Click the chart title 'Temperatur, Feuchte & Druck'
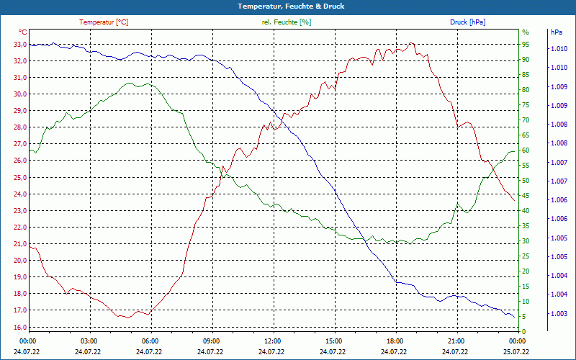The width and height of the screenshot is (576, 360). pos(288,6)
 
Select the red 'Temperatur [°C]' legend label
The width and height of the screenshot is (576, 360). pos(104,22)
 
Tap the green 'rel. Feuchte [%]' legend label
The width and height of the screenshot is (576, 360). pos(287,22)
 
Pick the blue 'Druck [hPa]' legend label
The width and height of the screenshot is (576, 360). pos(467,22)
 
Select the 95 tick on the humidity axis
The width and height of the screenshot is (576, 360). pos(526,45)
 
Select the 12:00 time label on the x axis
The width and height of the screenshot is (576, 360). pos(273,341)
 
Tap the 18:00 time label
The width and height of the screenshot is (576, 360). pos(395,341)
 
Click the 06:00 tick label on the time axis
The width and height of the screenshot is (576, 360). pos(150,341)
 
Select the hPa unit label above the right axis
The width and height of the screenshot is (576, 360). pos(557,32)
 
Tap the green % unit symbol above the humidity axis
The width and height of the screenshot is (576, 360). pos(526,32)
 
